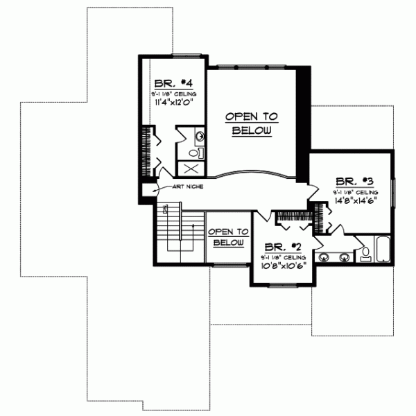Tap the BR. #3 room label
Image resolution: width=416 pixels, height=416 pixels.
pyautogui.click(x=354, y=182)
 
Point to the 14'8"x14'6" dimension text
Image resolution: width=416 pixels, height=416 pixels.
pyautogui.click(x=354, y=200)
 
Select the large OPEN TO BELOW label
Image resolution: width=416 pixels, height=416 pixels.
pyautogui.click(x=251, y=123)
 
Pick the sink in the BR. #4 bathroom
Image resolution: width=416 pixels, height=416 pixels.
pyautogui.click(x=199, y=136)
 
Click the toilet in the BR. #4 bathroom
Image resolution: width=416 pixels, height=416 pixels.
pyautogui.click(x=194, y=151)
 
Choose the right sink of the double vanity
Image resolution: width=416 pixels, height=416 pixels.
pyautogui.click(x=345, y=258)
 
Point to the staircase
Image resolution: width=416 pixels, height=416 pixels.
pyautogui.click(x=177, y=236)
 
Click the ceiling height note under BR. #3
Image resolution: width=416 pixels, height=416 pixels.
pyautogui.click(x=354, y=191)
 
